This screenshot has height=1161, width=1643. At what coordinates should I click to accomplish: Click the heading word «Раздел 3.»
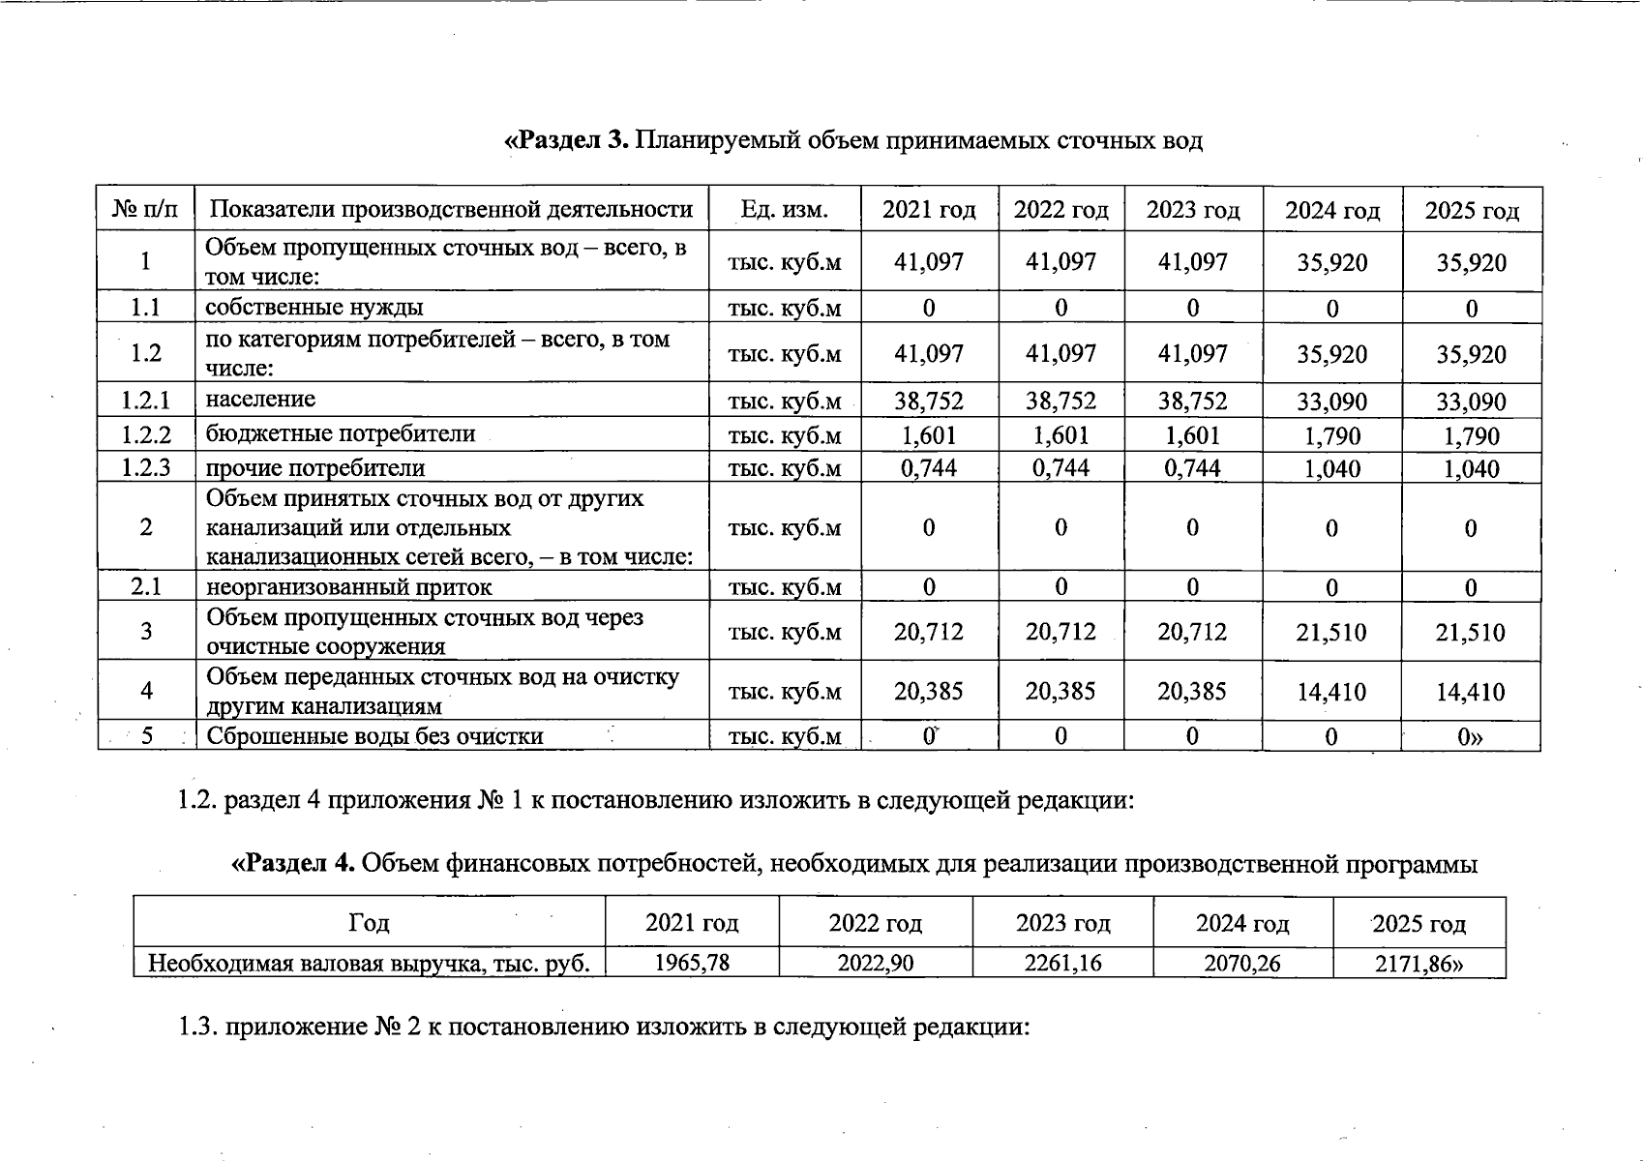point(567,141)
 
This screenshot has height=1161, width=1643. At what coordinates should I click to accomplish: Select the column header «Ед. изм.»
point(784,210)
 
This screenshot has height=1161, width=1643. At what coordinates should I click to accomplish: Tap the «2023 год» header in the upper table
point(1193,210)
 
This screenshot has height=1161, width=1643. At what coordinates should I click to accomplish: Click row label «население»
point(260,400)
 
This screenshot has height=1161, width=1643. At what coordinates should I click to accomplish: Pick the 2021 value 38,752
point(929,401)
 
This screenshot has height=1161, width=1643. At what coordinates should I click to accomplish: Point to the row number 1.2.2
point(146,434)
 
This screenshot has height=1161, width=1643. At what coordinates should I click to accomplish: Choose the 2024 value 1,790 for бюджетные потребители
point(1332,435)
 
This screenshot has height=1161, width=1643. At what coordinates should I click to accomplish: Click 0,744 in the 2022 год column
point(1061,468)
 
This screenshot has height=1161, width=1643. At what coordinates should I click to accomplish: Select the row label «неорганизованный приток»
point(348,587)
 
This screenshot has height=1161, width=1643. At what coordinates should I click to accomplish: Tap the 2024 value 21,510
point(1332,633)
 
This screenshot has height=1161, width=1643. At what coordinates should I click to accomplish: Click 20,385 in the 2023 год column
point(1193,691)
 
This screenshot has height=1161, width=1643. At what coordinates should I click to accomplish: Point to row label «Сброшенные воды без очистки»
point(374,736)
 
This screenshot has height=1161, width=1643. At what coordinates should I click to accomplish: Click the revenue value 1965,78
point(692,964)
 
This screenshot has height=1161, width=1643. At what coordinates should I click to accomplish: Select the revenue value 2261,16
point(1062,964)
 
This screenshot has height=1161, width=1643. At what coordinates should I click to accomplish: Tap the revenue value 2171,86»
point(1419,964)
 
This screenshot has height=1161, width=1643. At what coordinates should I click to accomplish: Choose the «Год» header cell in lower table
point(369,923)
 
